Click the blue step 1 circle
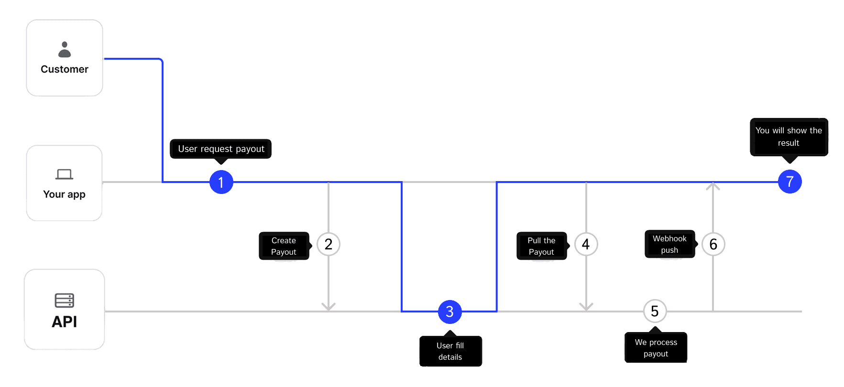221,182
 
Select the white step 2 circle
329,244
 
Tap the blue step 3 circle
449,312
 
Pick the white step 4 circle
586,244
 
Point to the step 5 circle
655,311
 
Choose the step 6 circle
713,244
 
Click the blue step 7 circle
789,182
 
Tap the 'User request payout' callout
221,149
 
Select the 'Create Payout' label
284,246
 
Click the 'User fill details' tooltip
450,351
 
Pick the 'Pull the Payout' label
541,246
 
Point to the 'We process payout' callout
656,348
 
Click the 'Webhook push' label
669,244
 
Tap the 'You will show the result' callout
789,137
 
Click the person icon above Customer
65,50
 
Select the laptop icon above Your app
64,174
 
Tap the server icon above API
64,301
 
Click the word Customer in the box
65,69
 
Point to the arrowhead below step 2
329,306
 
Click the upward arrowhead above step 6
713,186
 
